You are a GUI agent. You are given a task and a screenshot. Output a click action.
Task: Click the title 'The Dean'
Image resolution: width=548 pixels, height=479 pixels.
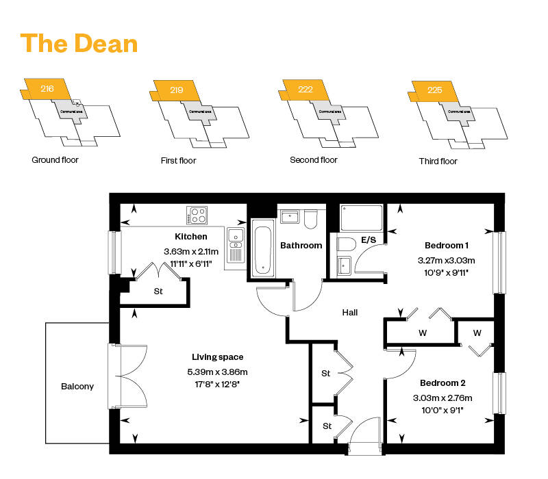(79, 43)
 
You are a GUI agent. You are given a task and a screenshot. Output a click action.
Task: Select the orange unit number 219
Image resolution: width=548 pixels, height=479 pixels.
(176, 90)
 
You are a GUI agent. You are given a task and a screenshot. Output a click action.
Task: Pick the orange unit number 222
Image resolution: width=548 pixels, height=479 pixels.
(306, 90)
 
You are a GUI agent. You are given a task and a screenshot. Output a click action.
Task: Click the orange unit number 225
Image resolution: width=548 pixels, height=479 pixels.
(434, 90)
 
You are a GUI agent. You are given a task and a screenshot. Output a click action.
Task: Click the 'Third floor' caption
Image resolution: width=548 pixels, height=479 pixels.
(438, 161)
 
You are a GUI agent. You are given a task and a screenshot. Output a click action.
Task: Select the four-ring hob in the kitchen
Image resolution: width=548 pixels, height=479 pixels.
(197, 215)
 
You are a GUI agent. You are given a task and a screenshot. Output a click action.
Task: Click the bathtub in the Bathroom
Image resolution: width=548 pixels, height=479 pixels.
(263, 248)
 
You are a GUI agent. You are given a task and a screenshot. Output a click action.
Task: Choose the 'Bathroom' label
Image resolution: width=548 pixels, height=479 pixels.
(301, 245)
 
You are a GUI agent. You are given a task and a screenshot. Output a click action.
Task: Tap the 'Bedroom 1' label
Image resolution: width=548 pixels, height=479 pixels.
(447, 245)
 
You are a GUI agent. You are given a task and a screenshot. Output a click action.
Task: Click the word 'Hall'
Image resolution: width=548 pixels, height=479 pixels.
(350, 313)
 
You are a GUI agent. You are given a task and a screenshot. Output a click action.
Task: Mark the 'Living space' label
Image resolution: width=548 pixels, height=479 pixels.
(216, 357)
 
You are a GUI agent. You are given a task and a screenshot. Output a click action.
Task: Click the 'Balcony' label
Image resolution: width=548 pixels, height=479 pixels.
(77, 387)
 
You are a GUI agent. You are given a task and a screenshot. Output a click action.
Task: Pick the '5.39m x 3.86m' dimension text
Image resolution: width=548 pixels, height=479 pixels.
(216, 372)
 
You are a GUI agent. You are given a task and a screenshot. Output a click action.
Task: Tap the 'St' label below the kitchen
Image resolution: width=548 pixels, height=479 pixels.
(158, 291)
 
